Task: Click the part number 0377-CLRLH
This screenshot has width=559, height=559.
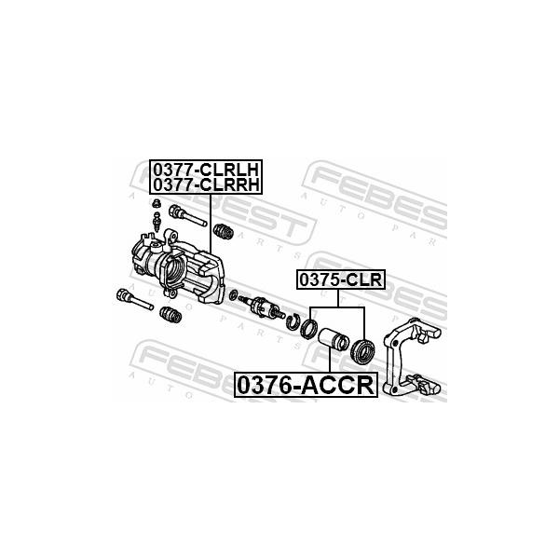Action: tap(206, 170)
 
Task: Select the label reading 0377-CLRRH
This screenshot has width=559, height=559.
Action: tap(206, 184)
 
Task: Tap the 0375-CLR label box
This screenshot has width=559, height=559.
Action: tap(341, 279)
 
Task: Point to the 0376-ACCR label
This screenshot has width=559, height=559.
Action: tap(306, 385)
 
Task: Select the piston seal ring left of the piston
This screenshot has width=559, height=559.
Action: tap(308, 328)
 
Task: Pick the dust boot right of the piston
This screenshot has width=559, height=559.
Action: tap(363, 351)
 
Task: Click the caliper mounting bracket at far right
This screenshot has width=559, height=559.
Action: tap(412, 358)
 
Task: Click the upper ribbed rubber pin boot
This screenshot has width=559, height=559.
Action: tap(224, 231)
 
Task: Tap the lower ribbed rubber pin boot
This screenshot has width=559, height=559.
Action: tap(170, 315)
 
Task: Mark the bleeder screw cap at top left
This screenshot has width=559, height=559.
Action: tap(156, 203)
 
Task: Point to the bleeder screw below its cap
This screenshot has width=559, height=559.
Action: tap(157, 222)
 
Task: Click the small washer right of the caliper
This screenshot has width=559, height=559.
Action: tap(234, 295)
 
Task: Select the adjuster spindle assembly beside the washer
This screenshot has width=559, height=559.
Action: tap(262, 307)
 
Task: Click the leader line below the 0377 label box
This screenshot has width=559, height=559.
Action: tap(211, 224)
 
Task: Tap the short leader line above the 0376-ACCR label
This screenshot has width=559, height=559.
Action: tap(330, 361)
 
